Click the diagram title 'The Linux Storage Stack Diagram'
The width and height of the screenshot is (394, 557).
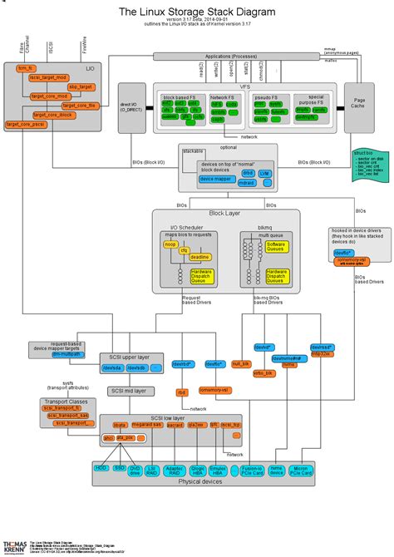coord(197,12)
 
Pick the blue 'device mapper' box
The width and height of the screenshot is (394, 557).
coord(216,179)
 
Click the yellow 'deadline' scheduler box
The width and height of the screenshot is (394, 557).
coord(199,258)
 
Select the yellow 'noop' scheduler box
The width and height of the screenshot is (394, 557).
coord(171,246)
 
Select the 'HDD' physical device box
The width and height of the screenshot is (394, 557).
coord(101,470)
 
